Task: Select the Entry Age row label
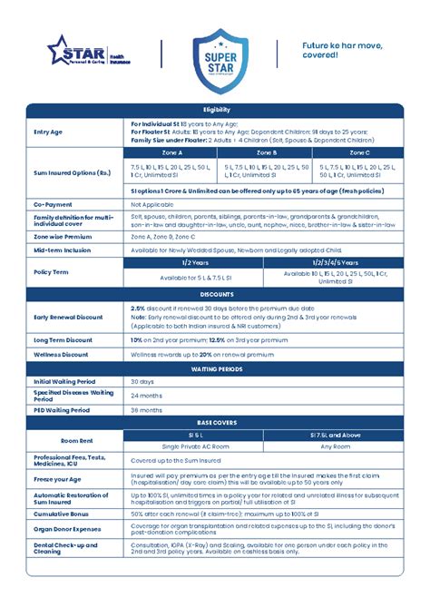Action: (48, 132)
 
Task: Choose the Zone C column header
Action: (358, 153)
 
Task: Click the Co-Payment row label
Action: (52, 206)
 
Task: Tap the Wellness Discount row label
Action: (61, 354)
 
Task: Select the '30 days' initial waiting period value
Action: (143, 382)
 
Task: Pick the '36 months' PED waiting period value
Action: (146, 410)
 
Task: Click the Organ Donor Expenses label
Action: (67, 528)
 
